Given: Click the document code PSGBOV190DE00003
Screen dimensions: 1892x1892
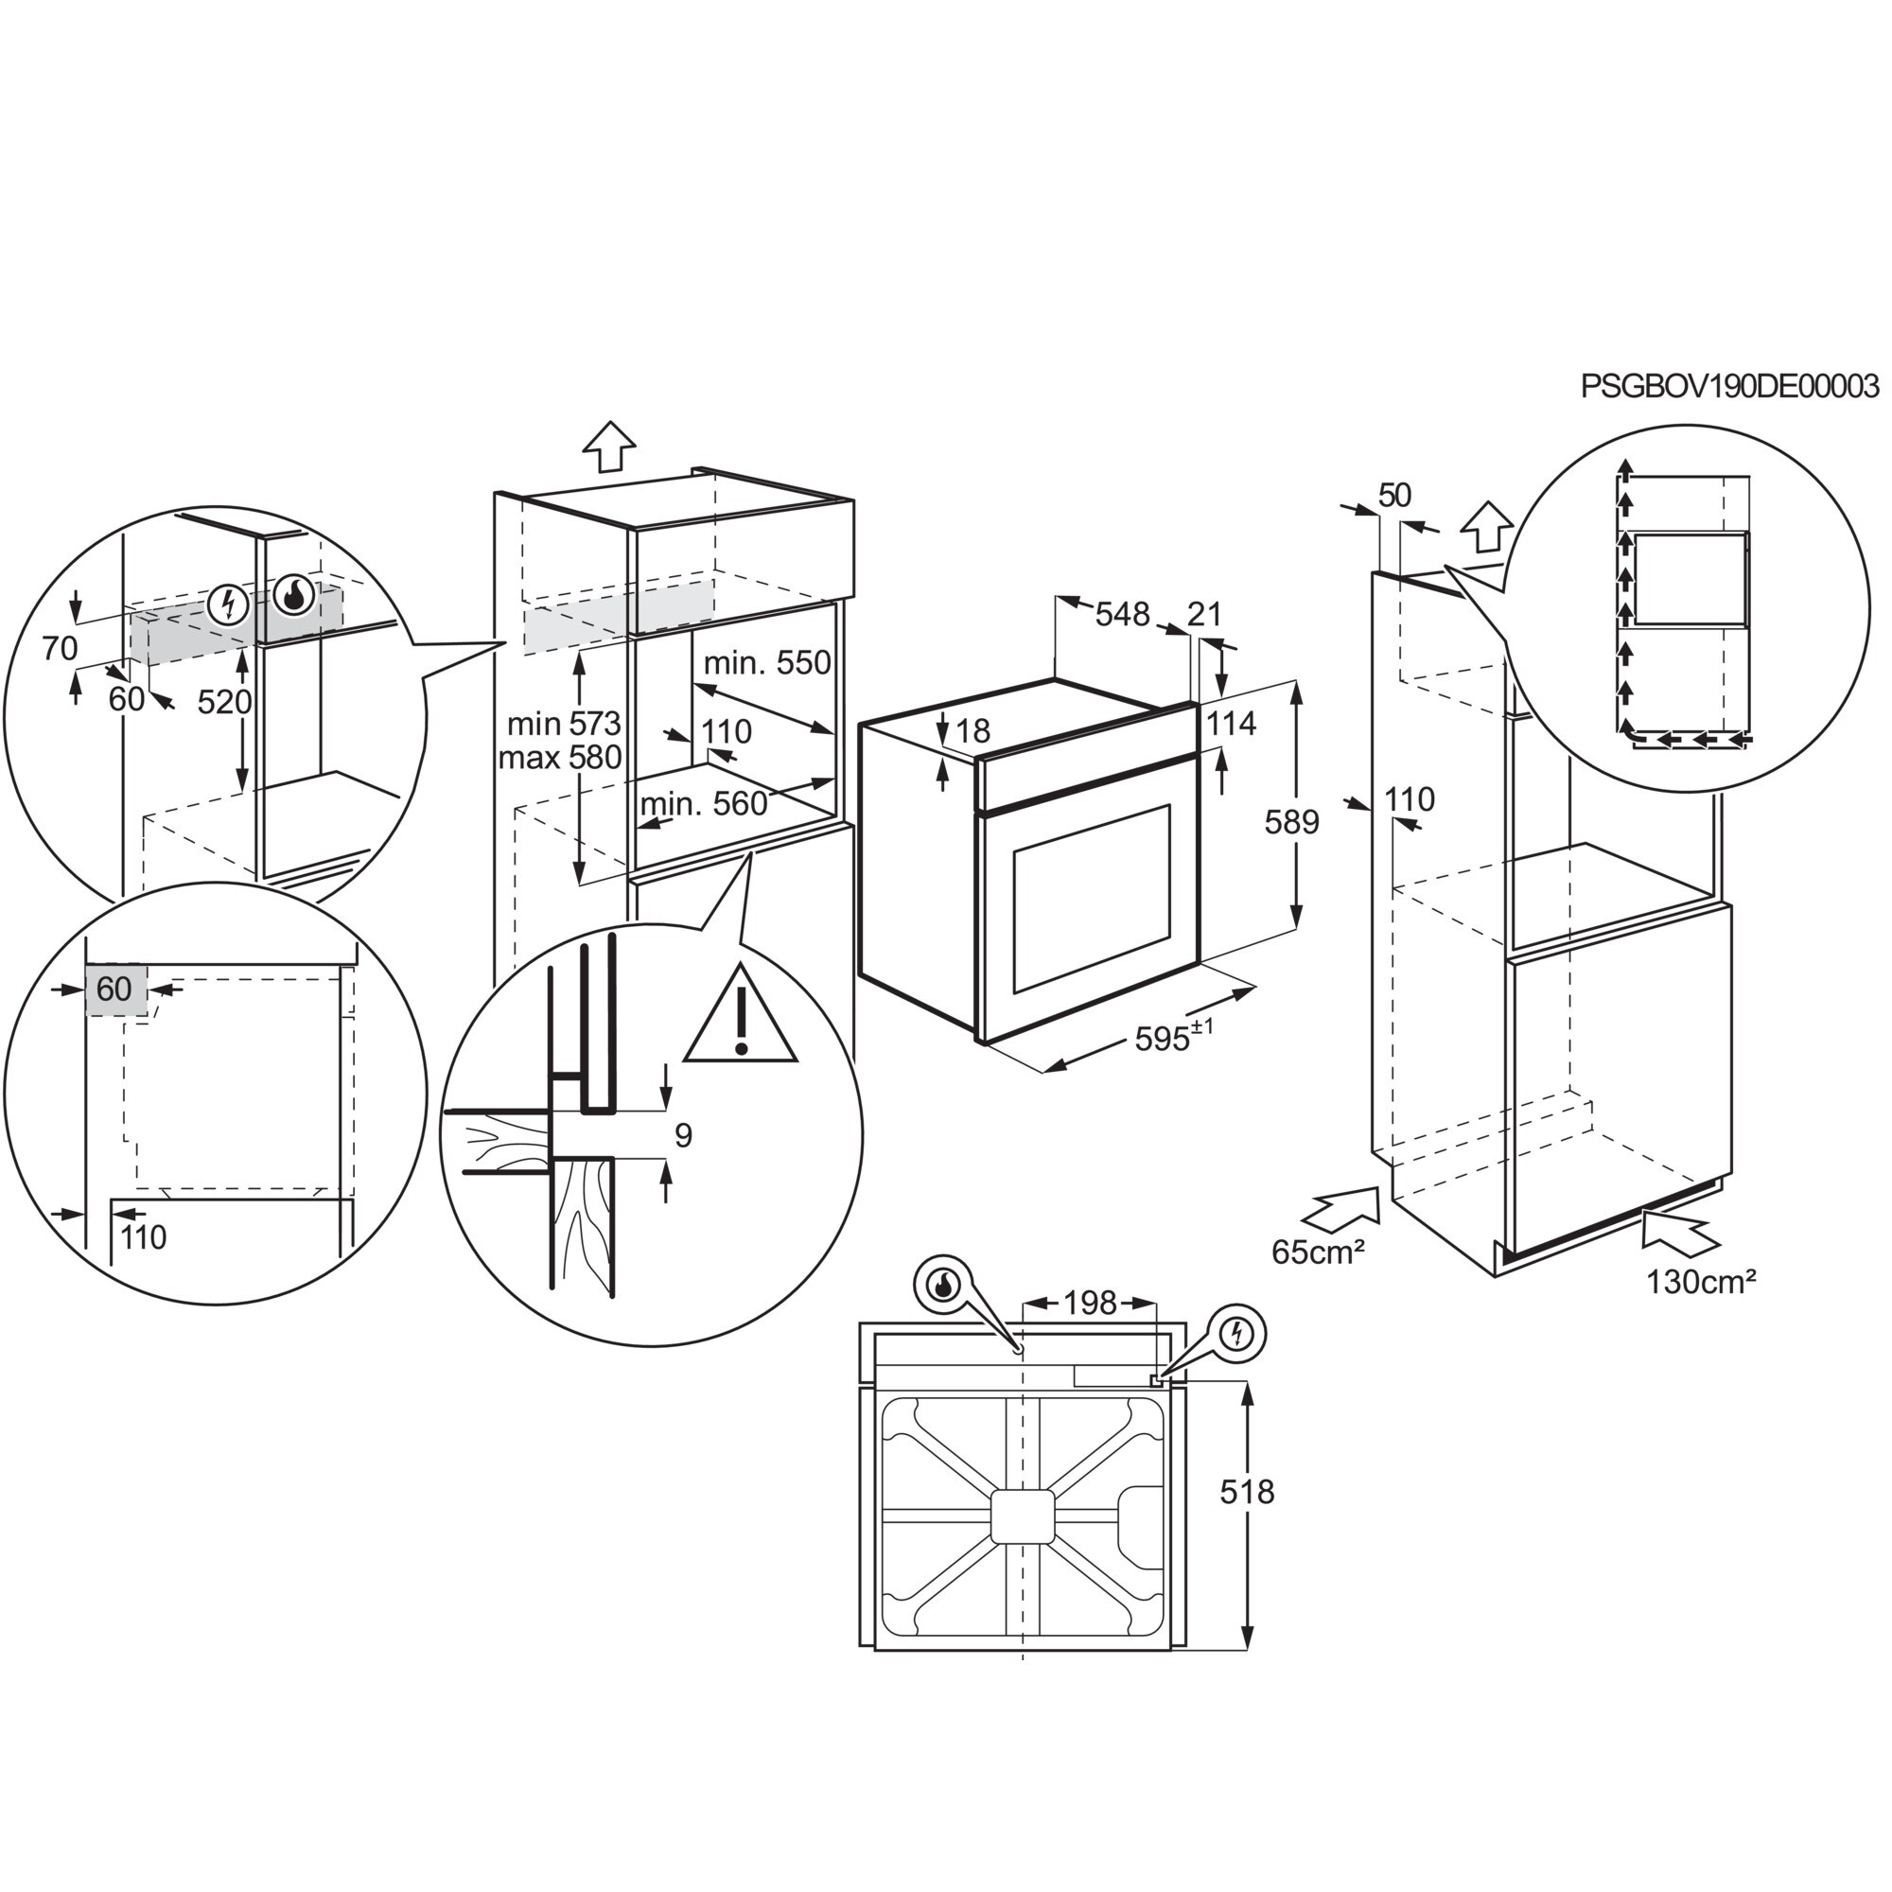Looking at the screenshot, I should click(x=1729, y=387).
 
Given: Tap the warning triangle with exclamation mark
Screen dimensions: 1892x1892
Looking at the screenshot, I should click(x=742, y=1018).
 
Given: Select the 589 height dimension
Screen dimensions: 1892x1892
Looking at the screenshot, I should click(x=1291, y=822).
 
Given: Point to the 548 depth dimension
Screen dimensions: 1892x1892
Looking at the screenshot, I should click(x=1121, y=614).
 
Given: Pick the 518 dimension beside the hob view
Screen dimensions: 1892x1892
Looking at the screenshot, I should click(x=1247, y=1492).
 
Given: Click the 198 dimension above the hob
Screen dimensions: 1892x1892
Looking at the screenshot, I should click(x=1090, y=1303).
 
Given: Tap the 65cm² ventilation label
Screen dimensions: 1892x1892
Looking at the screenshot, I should click(x=1318, y=1252).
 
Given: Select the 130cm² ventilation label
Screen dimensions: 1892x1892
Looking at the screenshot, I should click(x=1701, y=1282).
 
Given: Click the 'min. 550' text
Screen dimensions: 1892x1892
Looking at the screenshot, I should click(x=768, y=663).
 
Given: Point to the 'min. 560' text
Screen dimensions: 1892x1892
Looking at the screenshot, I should click(x=704, y=804).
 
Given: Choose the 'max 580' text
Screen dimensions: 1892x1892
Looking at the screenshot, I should click(x=560, y=757).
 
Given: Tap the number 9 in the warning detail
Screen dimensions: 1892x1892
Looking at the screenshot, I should click(x=684, y=1135).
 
